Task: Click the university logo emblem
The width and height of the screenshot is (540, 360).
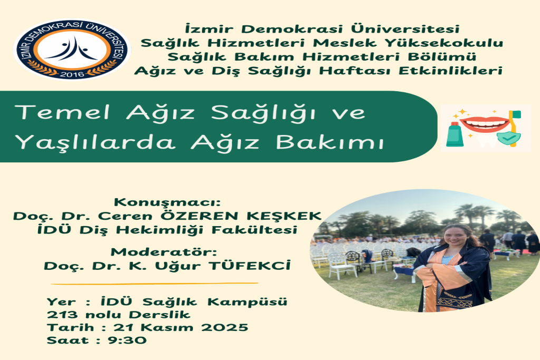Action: pyautogui.click(x=71, y=49)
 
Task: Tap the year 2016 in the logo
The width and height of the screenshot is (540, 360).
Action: pyautogui.click(x=71, y=74)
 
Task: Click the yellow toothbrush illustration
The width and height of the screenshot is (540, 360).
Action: pyautogui.click(x=513, y=127)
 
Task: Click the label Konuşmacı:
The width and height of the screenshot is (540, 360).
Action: pyautogui.click(x=166, y=203)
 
